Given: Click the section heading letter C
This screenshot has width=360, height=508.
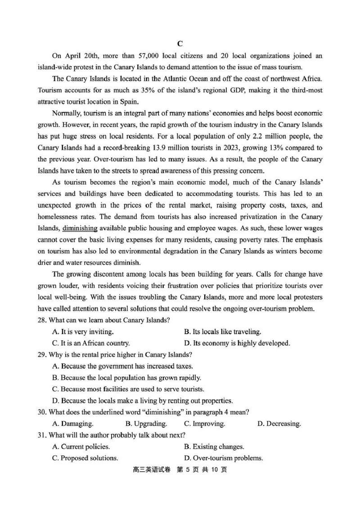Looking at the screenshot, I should click(180, 44).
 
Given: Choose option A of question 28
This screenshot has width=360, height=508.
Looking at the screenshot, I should click(83, 332).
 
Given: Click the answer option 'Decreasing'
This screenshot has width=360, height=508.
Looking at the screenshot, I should click(279, 423).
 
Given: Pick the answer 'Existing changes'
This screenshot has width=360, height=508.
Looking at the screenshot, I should click(214, 446).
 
